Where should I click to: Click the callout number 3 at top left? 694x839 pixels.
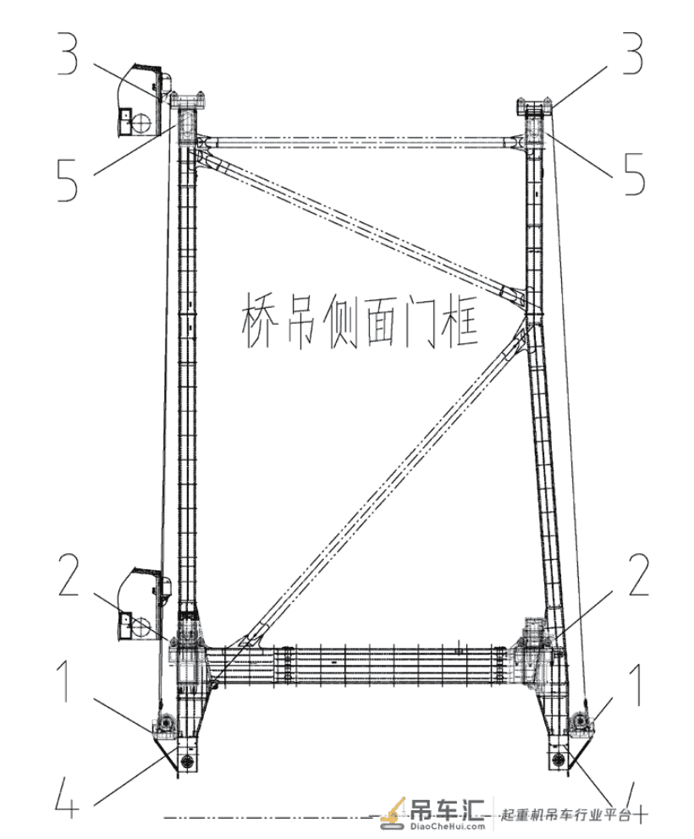[x=68, y=54]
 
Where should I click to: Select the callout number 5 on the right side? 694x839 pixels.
[x=634, y=175]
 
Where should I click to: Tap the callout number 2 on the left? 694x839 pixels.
[x=69, y=574]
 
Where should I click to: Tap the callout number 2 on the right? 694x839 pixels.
[x=638, y=574]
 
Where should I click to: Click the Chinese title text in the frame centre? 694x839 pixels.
[x=359, y=321]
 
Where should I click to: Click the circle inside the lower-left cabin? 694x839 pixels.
[x=141, y=627]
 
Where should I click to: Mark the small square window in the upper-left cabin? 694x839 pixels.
[x=125, y=114]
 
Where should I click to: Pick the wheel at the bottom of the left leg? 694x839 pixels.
[x=186, y=761]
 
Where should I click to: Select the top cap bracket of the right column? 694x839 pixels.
[x=534, y=105]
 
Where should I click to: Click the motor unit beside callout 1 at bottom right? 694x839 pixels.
[x=580, y=721]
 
